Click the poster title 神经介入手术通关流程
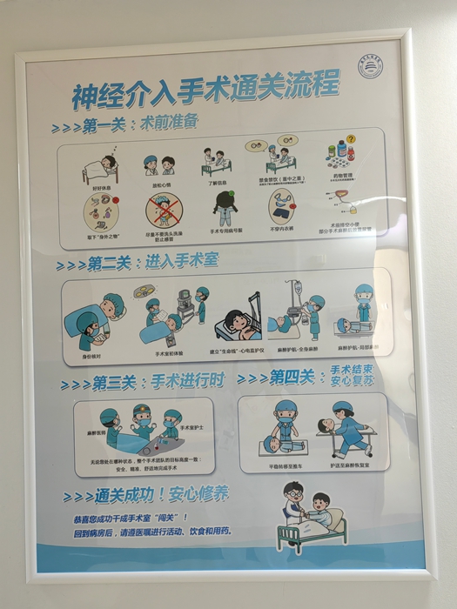coord(205,90)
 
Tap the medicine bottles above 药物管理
coord(345,153)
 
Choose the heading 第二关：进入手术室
coord(141,263)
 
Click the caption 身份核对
coord(92,357)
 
